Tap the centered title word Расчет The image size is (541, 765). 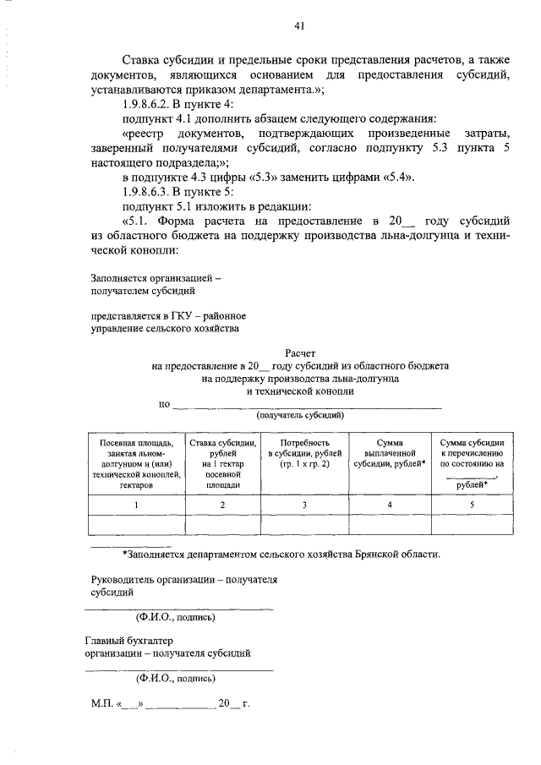300,352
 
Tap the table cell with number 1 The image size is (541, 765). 136,505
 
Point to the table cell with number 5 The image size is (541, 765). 473,505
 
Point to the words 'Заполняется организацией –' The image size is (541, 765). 156,277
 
